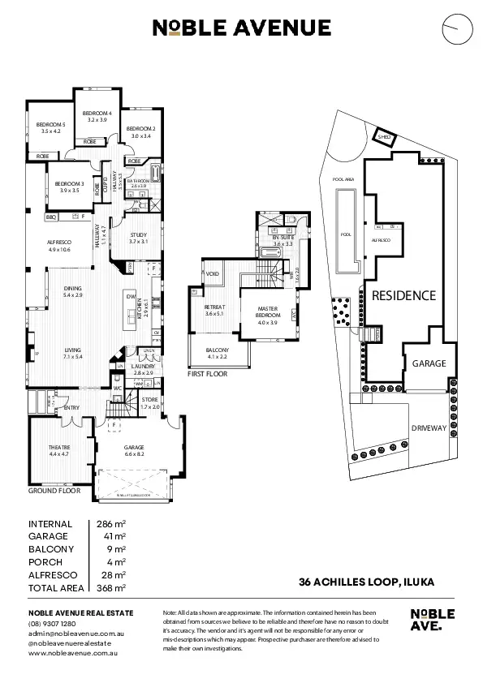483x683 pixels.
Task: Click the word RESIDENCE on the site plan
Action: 403,295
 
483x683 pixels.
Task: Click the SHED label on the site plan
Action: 384,138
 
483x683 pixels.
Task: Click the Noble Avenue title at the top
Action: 241,28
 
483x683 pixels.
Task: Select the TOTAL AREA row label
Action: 55,587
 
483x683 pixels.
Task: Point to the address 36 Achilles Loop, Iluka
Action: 366,581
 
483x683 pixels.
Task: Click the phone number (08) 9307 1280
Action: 52,623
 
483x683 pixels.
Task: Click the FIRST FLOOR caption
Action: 207,375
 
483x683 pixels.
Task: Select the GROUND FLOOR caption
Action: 54,491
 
